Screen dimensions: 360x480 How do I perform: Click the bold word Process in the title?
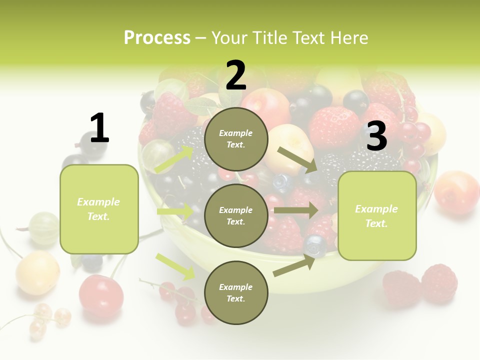pyautogui.click(x=157, y=37)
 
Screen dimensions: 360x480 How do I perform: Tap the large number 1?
pyautogui.click(x=99, y=128)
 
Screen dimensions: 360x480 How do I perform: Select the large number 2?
pyautogui.click(x=236, y=75)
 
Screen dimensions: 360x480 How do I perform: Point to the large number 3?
pyautogui.click(x=376, y=136)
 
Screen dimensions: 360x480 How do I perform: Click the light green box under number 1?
pyautogui.click(x=99, y=209)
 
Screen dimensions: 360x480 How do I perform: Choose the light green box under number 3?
pyautogui.click(x=377, y=215)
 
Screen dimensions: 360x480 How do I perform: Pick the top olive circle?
pyautogui.click(x=236, y=139)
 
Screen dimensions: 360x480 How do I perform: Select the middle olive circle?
pyautogui.click(x=236, y=215)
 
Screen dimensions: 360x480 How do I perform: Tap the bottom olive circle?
pyautogui.click(x=236, y=292)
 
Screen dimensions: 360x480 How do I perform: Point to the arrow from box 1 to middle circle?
pyautogui.click(x=175, y=211)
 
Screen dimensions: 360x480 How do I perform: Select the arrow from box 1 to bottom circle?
pyautogui.click(x=175, y=266)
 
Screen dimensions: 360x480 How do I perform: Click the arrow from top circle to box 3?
pyautogui.click(x=298, y=159)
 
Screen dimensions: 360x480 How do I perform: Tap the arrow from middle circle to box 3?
pyautogui.click(x=295, y=210)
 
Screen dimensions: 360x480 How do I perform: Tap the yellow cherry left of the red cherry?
pyautogui.click(x=37, y=272)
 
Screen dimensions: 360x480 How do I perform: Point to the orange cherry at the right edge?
pyautogui.click(x=456, y=192)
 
